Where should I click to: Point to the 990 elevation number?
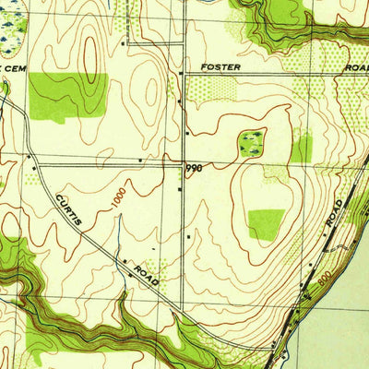click(193, 169)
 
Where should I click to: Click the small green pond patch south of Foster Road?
click(249, 142)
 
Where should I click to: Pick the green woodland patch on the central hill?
click(266, 223)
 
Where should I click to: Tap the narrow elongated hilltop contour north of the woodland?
click(89, 55)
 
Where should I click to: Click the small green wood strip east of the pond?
click(302, 148)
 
